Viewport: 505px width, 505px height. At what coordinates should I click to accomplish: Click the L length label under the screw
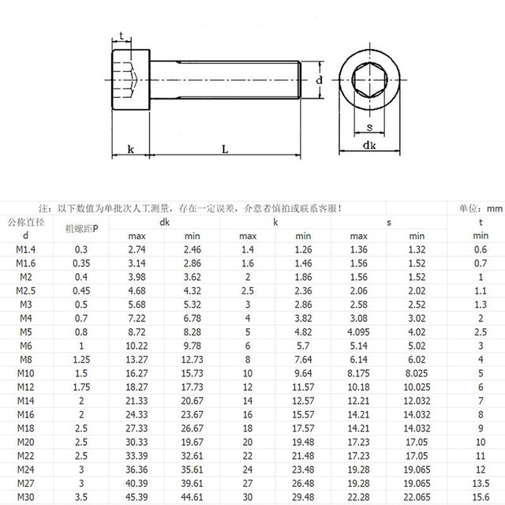click(x=226, y=148)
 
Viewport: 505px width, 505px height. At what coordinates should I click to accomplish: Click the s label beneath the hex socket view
click(x=369, y=126)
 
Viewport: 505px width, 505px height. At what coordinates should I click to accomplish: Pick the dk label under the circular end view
click(x=369, y=145)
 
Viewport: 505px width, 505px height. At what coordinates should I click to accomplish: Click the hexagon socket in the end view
click(x=369, y=80)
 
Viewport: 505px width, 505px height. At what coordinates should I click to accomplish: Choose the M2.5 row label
click(x=26, y=290)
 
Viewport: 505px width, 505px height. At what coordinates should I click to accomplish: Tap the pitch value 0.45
click(x=82, y=290)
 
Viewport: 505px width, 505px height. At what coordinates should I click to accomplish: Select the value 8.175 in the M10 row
click(x=358, y=372)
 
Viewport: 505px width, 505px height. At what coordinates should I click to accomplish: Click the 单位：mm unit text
click(x=480, y=209)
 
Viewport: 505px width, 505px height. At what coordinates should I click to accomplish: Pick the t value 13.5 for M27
click(x=480, y=481)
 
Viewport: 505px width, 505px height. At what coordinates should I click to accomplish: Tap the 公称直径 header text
click(x=26, y=223)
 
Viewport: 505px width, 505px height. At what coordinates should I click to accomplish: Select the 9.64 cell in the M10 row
click(x=303, y=372)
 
